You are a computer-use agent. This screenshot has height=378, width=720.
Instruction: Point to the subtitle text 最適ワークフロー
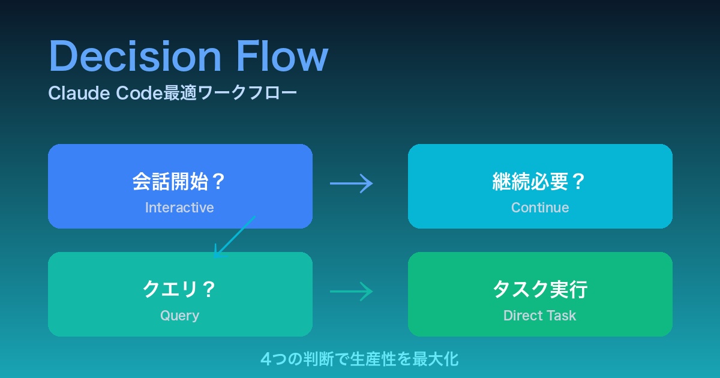click(x=230, y=94)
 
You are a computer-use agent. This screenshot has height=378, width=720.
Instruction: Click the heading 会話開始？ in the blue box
click(x=179, y=182)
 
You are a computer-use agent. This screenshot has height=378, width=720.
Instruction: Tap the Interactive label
click(x=179, y=208)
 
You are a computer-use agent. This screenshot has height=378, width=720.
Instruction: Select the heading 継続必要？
click(x=539, y=182)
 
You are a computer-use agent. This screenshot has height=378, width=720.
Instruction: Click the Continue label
click(x=540, y=208)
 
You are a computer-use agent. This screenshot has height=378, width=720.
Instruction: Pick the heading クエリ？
click(x=179, y=290)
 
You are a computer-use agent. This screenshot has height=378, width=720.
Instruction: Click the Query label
click(x=179, y=316)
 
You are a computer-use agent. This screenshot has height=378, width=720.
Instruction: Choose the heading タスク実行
click(x=539, y=290)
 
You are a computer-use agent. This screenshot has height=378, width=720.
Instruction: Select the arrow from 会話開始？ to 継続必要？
click(x=352, y=183)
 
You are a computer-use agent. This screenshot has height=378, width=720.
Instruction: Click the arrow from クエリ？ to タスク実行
click(x=352, y=292)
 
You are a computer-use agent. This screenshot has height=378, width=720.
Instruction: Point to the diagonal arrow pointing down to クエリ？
click(x=235, y=238)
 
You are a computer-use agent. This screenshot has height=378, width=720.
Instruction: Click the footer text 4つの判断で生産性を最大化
click(x=359, y=359)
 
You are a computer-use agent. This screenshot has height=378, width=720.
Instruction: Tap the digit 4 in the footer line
click(x=266, y=359)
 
